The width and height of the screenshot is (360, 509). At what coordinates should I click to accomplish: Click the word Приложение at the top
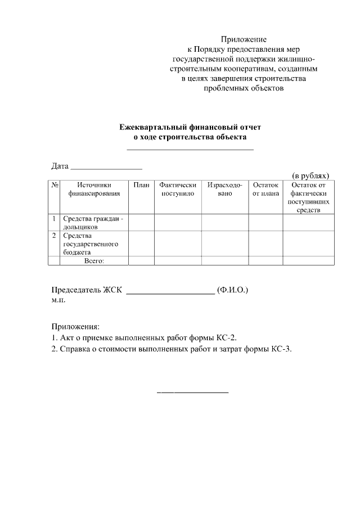(243, 39)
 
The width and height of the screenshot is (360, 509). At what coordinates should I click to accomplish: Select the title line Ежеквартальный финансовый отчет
(190, 128)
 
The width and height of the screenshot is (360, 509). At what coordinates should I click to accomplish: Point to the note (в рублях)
(310, 175)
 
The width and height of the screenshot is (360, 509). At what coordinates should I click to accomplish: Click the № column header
(55, 185)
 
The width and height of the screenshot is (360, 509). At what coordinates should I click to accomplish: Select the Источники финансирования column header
(94, 189)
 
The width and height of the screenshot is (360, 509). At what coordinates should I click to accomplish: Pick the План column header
(141, 185)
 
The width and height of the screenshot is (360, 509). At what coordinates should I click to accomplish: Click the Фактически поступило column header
(178, 189)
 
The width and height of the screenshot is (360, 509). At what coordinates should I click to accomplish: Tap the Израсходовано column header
(224, 189)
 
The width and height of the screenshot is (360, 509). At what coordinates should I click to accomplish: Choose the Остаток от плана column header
(265, 189)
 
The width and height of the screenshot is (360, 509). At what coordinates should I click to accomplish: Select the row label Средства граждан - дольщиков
(92, 223)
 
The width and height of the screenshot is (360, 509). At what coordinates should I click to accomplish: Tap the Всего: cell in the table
(94, 261)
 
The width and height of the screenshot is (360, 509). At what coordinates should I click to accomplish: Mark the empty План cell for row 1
(141, 222)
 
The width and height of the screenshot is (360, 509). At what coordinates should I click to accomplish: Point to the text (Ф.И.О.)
(232, 290)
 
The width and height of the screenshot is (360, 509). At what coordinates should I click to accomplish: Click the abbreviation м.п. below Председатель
(59, 301)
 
